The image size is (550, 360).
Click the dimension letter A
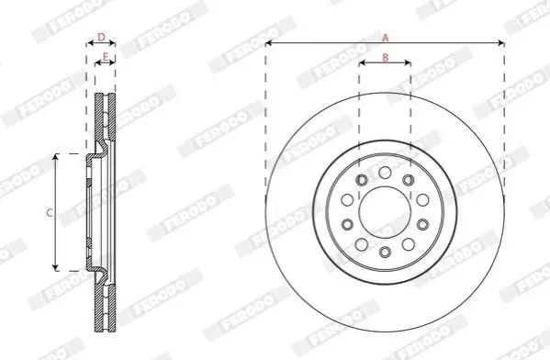pos(385,38)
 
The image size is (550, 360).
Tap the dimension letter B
pos(385,57)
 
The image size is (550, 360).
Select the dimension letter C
pos(50,212)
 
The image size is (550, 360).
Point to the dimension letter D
pos(101,37)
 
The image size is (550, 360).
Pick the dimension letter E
pos(106,56)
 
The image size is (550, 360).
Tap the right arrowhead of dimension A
pos(501,43)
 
